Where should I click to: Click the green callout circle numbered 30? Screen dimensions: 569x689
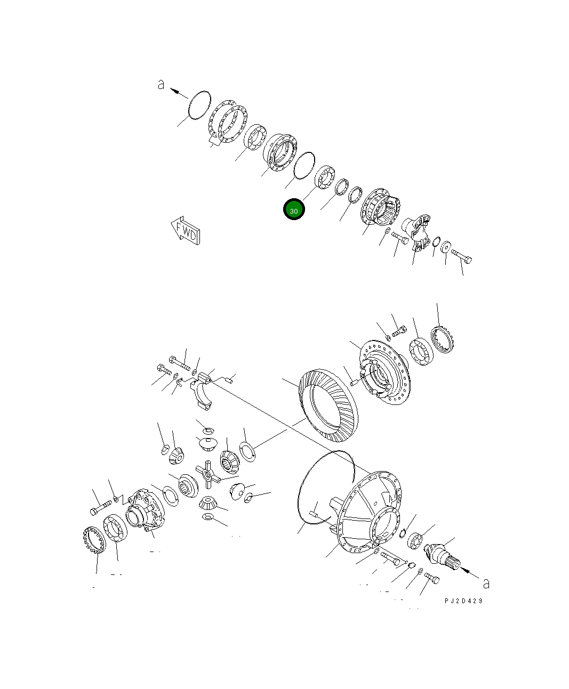tap(294, 209)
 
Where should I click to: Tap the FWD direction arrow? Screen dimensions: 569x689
tap(186, 230)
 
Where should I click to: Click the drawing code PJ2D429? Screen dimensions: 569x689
tap(463, 601)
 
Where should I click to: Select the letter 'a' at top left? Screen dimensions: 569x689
tap(161, 85)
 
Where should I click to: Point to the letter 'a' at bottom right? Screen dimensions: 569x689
tap(486, 583)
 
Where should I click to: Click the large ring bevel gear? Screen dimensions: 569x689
tap(328, 406)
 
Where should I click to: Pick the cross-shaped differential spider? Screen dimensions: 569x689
tap(208, 474)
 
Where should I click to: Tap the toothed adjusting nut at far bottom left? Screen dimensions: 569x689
tap(94, 540)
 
